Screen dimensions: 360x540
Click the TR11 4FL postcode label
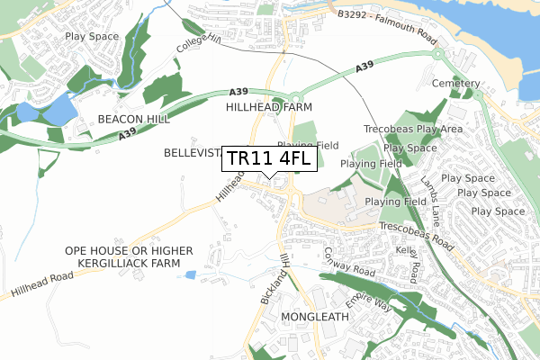point(268,159)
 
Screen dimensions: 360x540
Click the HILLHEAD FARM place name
point(267,107)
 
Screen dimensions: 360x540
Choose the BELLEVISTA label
point(191,154)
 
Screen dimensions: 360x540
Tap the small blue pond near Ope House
point(188,274)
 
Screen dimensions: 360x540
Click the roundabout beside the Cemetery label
point(440,53)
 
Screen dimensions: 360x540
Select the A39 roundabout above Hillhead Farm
point(293,98)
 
